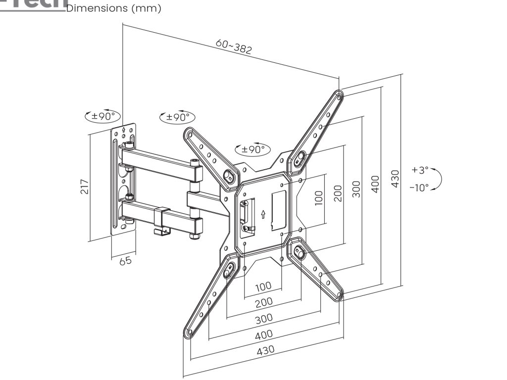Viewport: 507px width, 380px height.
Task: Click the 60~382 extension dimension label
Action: click(234, 47)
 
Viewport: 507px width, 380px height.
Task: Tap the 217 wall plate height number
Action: click(85, 186)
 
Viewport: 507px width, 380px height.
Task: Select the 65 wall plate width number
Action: click(126, 260)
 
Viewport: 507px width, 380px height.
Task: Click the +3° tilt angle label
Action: click(420, 170)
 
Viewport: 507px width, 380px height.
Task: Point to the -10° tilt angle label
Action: click(420, 188)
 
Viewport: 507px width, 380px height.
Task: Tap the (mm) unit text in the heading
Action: click(147, 8)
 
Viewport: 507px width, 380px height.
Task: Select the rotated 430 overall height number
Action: click(395, 179)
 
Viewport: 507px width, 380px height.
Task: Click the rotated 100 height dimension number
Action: click(318, 197)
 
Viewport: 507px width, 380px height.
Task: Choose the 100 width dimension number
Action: click(263, 286)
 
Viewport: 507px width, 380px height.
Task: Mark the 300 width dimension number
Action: click(263, 319)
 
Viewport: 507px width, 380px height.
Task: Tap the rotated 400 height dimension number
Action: click(375, 184)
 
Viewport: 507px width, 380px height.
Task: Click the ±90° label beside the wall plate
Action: click(103, 117)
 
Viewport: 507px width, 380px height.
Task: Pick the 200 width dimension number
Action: click(263, 302)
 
